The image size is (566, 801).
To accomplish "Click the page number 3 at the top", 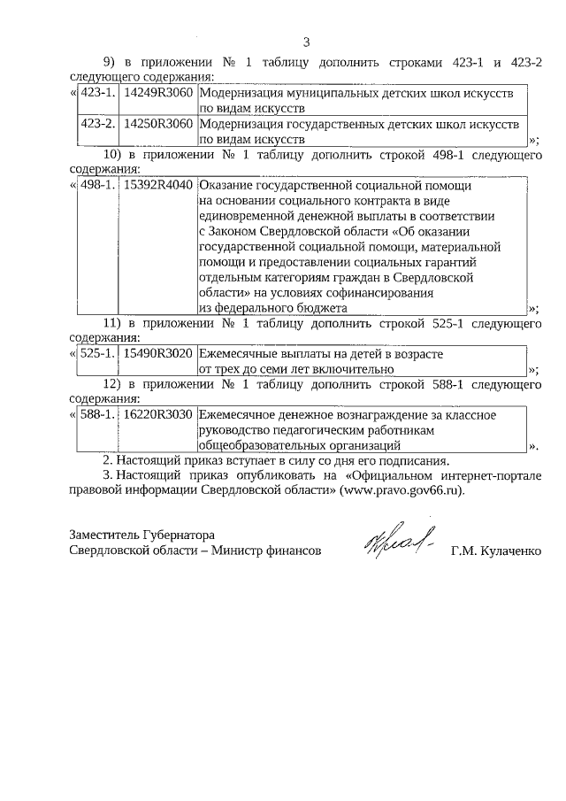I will [x=306, y=42].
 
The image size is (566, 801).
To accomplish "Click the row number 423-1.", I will [x=98, y=93].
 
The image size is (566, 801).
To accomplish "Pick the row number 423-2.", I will [x=98, y=124].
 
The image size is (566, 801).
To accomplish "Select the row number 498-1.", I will [x=98, y=186].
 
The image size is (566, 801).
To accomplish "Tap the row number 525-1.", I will [x=98, y=354].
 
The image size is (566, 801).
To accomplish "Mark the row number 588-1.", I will [x=98, y=414].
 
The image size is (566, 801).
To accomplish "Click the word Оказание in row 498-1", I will [x=226, y=186].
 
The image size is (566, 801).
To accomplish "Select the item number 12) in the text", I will [x=112, y=385].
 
